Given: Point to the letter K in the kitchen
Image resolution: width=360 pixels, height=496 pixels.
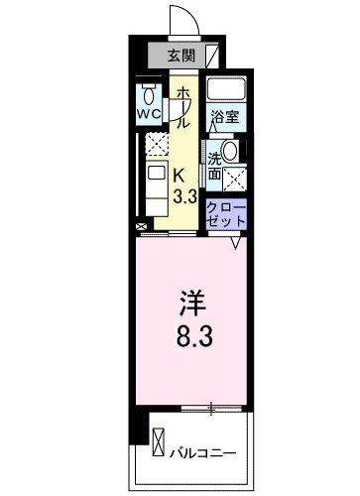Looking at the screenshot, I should pos(180,175).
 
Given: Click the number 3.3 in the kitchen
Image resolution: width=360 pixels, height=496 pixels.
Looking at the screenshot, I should pos(183,195).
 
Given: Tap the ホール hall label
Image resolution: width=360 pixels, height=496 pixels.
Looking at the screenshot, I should pos(183,107).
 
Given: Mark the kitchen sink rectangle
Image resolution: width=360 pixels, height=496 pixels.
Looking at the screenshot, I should pos(155,179).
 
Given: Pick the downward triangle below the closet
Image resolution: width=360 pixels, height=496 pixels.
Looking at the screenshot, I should pos(237,241).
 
